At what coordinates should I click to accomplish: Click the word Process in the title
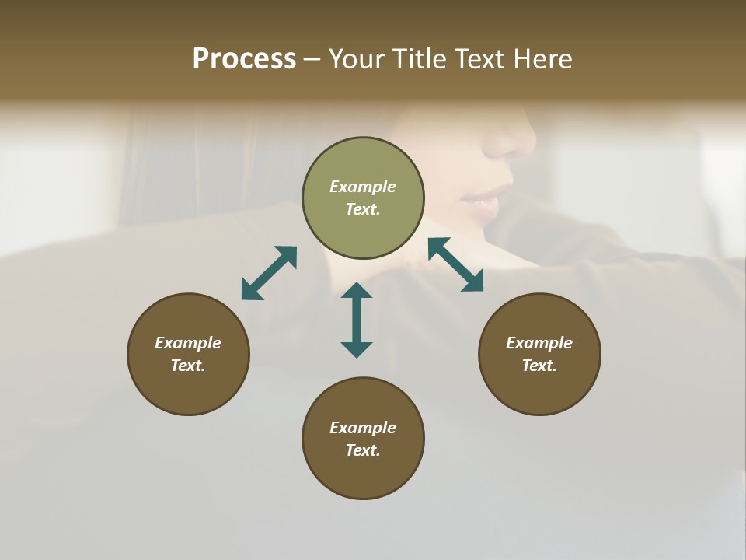click(x=244, y=59)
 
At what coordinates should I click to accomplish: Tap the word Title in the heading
click(x=420, y=59)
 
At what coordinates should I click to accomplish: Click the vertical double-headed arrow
click(x=357, y=320)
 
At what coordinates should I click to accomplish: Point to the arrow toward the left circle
click(x=269, y=273)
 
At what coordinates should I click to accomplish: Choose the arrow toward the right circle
click(x=456, y=264)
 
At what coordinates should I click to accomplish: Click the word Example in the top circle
click(x=363, y=187)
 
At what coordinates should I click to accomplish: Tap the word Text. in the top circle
click(x=363, y=209)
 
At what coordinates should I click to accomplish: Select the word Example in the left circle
click(x=188, y=343)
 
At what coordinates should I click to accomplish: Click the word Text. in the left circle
click(x=188, y=366)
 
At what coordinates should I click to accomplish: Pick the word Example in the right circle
click(x=539, y=343)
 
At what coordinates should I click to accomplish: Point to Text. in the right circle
click(x=539, y=366)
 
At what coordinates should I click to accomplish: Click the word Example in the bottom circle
click(x=363, y=428)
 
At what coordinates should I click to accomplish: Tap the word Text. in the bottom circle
click(x=363, y=450)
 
